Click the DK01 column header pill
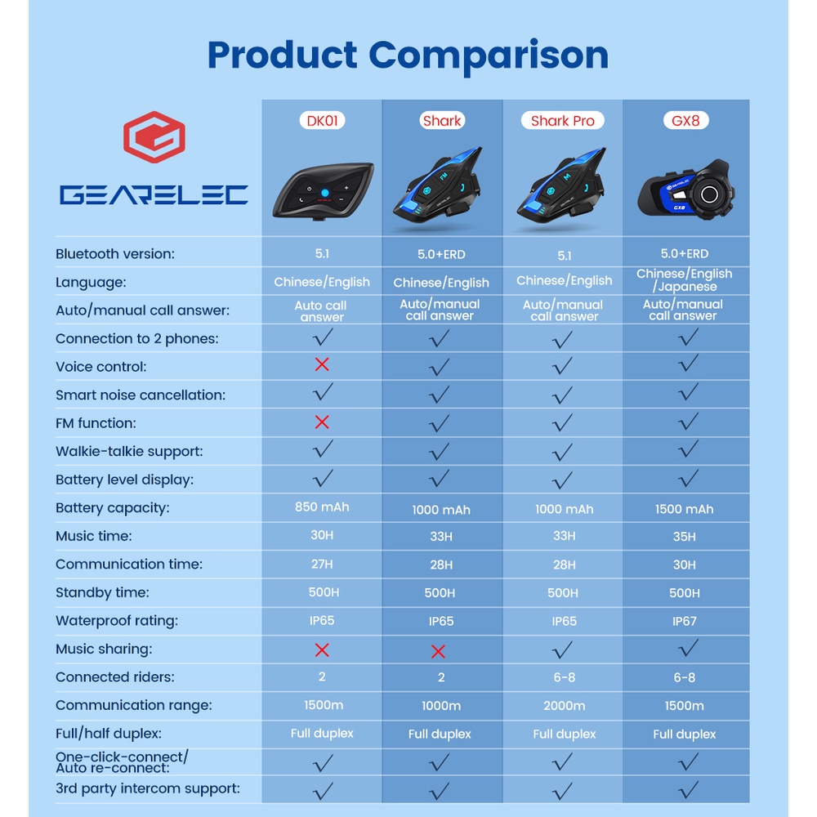pos(322,121)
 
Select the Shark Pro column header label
pos(563,121)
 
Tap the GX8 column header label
pos(685,121)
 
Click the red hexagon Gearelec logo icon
pos(154,137)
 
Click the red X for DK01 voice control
pos(322,364)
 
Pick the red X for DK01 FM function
pos(322,422)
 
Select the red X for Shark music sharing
pos(439,651)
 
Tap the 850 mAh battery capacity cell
pos(322,507)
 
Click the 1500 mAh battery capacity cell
pos(685,509)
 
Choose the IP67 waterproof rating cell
pos(685,621)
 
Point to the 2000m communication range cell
pos(564,706)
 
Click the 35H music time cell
pos(685,537)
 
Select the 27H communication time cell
pos(322,564)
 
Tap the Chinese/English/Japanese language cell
pos(685,280)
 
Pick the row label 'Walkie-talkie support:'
pos(129,451)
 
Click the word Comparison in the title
pos(489,55)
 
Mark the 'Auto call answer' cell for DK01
pos(322,311)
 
